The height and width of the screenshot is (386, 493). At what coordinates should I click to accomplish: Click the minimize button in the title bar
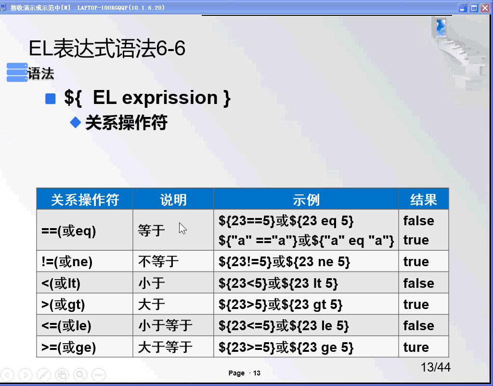463,8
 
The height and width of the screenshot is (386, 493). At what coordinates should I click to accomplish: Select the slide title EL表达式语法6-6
107,49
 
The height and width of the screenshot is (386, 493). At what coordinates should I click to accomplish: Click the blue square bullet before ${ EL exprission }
51,99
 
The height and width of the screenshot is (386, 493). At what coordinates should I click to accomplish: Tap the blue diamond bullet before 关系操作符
76,122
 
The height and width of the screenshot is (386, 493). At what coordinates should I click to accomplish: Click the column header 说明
173,199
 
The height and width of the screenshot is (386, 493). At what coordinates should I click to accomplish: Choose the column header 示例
306,199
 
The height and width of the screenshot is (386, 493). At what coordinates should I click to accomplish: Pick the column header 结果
424,199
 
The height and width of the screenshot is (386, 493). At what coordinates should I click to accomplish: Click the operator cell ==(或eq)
69,231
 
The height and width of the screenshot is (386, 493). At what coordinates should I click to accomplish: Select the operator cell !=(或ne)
67,262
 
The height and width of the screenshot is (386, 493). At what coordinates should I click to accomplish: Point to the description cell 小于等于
165,326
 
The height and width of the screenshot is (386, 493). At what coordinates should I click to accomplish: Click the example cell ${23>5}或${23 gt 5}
281,305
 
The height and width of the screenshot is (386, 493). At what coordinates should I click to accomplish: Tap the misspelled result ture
416,347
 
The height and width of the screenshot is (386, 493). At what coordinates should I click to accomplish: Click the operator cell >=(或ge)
69,347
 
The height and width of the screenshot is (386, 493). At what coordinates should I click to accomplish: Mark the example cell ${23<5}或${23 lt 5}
278,283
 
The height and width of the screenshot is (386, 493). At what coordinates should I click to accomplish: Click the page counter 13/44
435,367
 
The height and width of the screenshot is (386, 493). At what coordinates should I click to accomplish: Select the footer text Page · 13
245,373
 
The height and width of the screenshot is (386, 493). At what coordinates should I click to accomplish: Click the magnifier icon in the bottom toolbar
80,374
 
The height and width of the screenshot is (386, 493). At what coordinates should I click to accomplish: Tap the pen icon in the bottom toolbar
44,374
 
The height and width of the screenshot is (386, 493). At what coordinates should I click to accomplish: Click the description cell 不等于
158,262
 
